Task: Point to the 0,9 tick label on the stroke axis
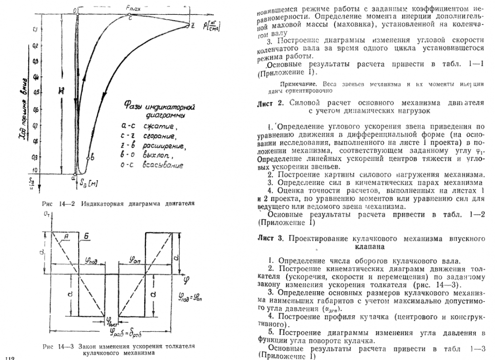coord(34,157)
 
